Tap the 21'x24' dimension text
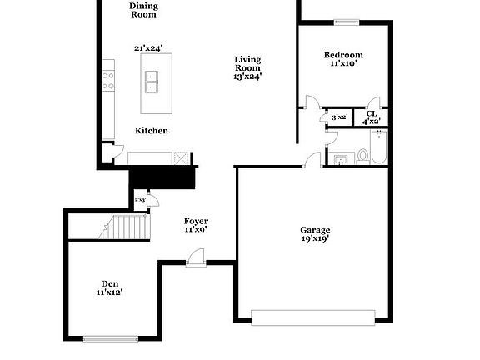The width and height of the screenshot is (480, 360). tap(147, 48)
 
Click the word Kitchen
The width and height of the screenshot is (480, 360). tap(152, 131)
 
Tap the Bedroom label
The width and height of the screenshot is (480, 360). tap(343, 55)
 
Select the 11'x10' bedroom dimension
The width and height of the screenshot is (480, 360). tap(343, 64)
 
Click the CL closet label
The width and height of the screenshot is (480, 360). tap(371, 113)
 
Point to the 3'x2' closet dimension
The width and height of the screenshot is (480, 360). tap(339, 117)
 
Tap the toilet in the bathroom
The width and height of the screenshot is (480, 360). tap(362, 154)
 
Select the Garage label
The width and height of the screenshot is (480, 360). tap(315, 229)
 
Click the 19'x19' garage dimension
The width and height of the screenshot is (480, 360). tap(315, 239)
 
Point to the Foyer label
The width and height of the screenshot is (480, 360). tap(196, 221)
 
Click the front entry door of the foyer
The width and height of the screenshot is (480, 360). tap(197, 260)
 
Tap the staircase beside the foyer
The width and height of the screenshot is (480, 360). tap(125, 227)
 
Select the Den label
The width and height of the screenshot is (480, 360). tap(109, 282)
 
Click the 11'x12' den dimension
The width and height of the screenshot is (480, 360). tap(109, 292)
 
